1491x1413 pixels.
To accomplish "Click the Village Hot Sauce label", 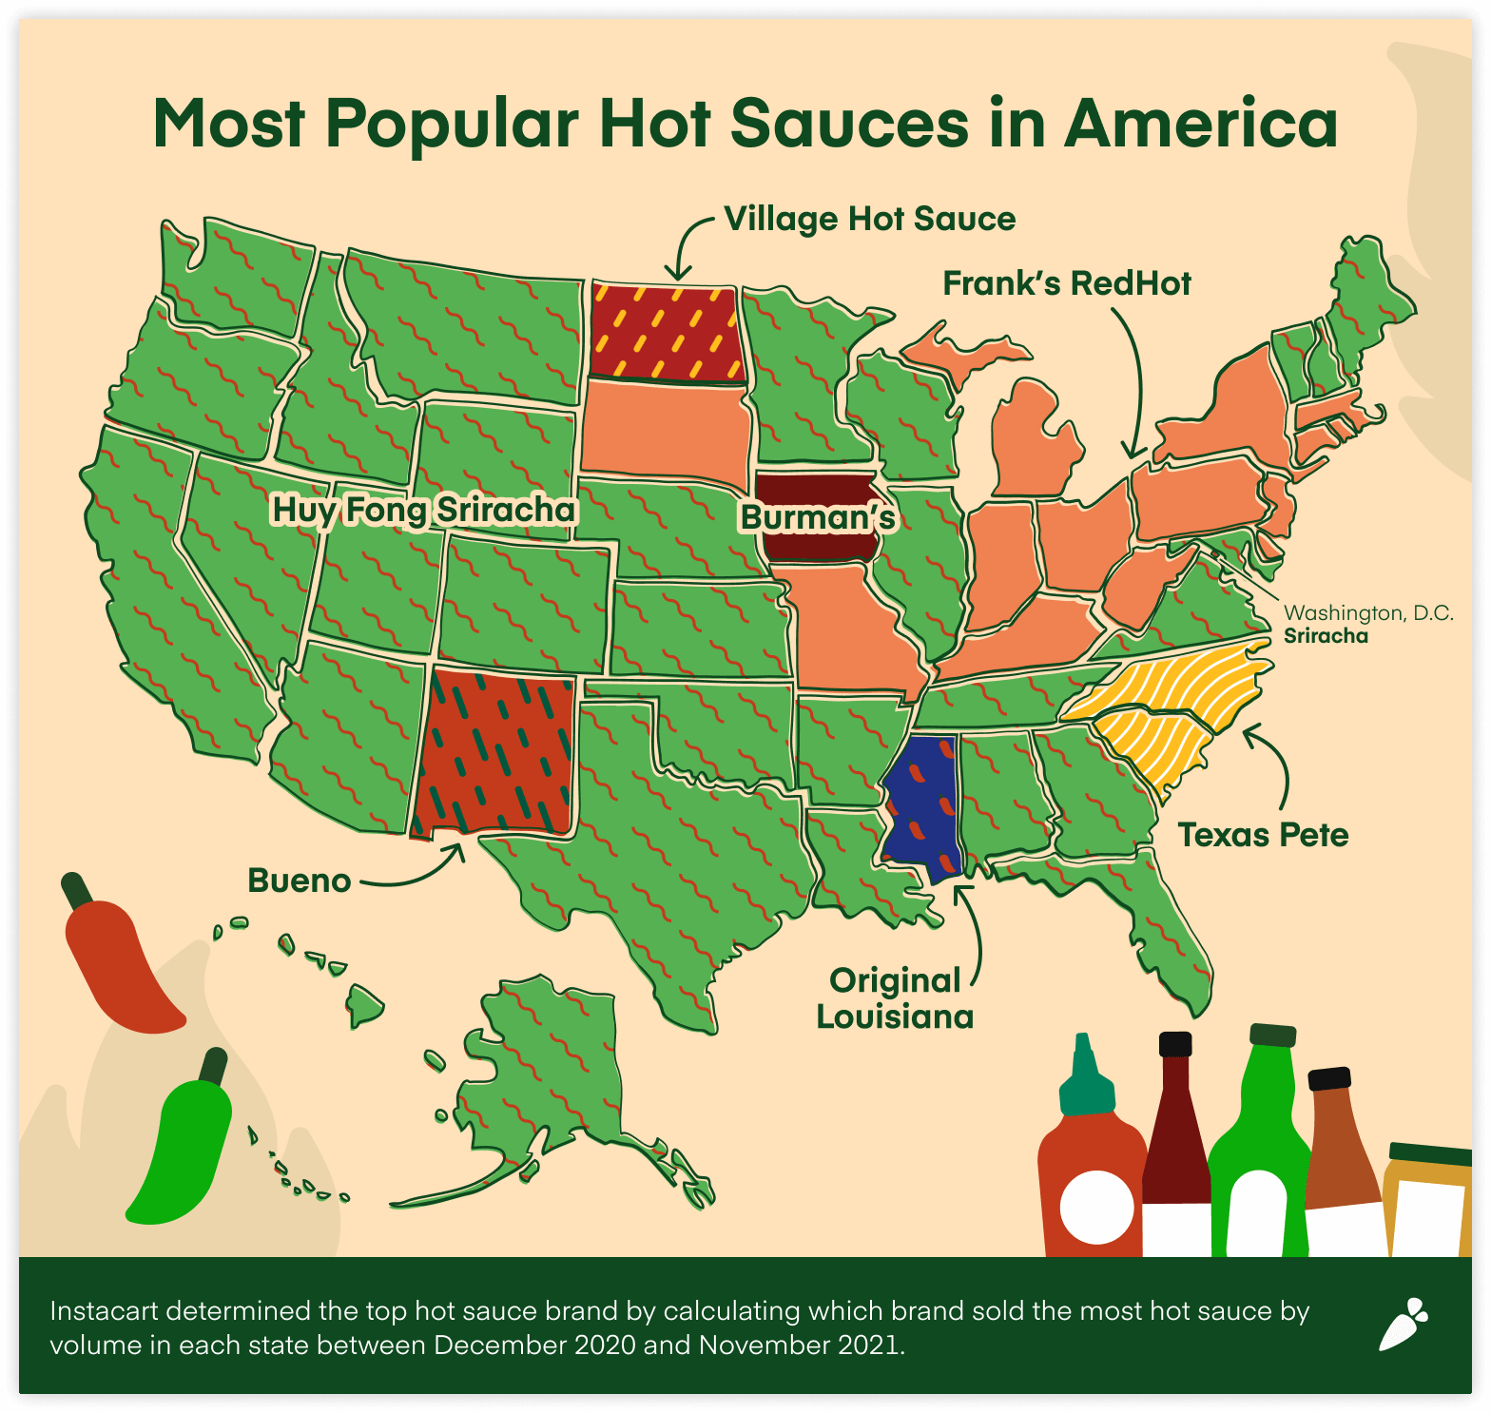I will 869,219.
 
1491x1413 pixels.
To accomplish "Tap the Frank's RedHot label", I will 1066,283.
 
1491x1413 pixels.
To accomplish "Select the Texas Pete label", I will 1263,835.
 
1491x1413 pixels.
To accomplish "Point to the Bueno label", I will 299,881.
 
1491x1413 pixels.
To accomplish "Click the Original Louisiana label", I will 894,998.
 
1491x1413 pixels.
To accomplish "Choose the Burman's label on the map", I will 818,517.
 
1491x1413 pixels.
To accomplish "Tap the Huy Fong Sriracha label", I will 424,510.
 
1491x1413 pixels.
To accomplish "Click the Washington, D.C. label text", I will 1368,613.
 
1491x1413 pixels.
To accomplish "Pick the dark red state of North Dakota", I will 665,332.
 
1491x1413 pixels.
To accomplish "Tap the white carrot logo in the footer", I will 1403,1324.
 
